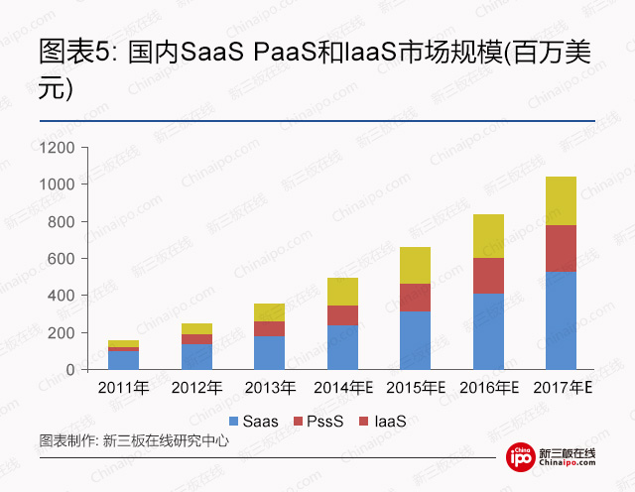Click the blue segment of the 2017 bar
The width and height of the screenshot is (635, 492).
tap(561, 319)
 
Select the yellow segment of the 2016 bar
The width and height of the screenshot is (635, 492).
tap(488, 236)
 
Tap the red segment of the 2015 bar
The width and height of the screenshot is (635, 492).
tap(415, 298)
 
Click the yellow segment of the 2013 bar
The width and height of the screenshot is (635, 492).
tap(269, 312)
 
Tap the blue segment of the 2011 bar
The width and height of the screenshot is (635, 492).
tap(123, 360)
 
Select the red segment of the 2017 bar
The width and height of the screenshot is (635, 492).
tap(561, 248)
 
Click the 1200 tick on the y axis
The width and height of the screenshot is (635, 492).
tap(59, 148)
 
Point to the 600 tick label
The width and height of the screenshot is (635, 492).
tap(63, 259)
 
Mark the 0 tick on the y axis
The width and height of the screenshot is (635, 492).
tap(70, 370)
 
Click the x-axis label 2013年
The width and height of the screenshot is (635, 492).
tap(269, 387)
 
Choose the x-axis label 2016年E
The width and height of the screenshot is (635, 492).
tap(489, 387)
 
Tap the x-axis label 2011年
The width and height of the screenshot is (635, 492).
tap(123, 387)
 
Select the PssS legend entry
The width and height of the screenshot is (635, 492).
tap(323, 422)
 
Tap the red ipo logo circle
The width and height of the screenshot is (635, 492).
tap(520, 457)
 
